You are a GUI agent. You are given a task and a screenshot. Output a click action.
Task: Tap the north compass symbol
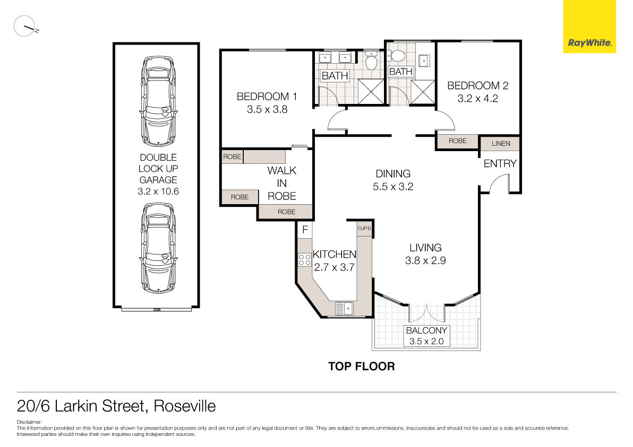pyautogui.click(x=24, y=27)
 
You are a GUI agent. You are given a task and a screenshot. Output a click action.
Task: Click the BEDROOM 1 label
pyautogui.click(x=267, y=97)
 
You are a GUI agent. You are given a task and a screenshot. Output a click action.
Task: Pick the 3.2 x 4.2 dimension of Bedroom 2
pyautogui.click(x=478, y=98)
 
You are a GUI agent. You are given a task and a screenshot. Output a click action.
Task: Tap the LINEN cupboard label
pyautogui.click(x=500, y=144)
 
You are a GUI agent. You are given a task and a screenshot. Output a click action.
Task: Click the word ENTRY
pyautogui.click(x=500, y=164)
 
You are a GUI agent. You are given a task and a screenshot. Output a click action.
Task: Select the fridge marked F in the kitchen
pyautogui.click(x=305, y=230)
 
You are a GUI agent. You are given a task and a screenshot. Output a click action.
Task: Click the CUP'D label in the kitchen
pyautogui.click(x=364, y=229)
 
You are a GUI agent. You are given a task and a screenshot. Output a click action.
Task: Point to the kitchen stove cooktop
pyautogui.click(x=305, y=259)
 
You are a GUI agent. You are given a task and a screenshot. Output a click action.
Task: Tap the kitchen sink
pyautogui.click(x=344, y=308)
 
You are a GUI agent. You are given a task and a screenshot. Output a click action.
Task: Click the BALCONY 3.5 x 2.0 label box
pyautogui.click(x=426, y=336)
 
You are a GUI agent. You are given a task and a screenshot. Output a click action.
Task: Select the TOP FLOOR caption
pyautogui.click(x=361, y=366)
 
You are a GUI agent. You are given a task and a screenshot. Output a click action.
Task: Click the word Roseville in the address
pyautogui.click(x=184, y=407)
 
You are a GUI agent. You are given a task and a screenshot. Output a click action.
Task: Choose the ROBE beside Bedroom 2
pyautogui.click(x=457, y=141)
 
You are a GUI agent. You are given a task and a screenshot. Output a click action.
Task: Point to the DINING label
pyautogui.click(x=393, y=174)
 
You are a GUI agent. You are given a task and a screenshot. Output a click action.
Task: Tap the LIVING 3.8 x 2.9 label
pyautogui.click(x=425, y=253)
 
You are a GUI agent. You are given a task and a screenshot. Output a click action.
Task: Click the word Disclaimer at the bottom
pyautogui.click(x=29, y=423)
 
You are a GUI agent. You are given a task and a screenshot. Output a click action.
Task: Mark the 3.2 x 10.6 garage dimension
pyautogui.click(x=158, y=191)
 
